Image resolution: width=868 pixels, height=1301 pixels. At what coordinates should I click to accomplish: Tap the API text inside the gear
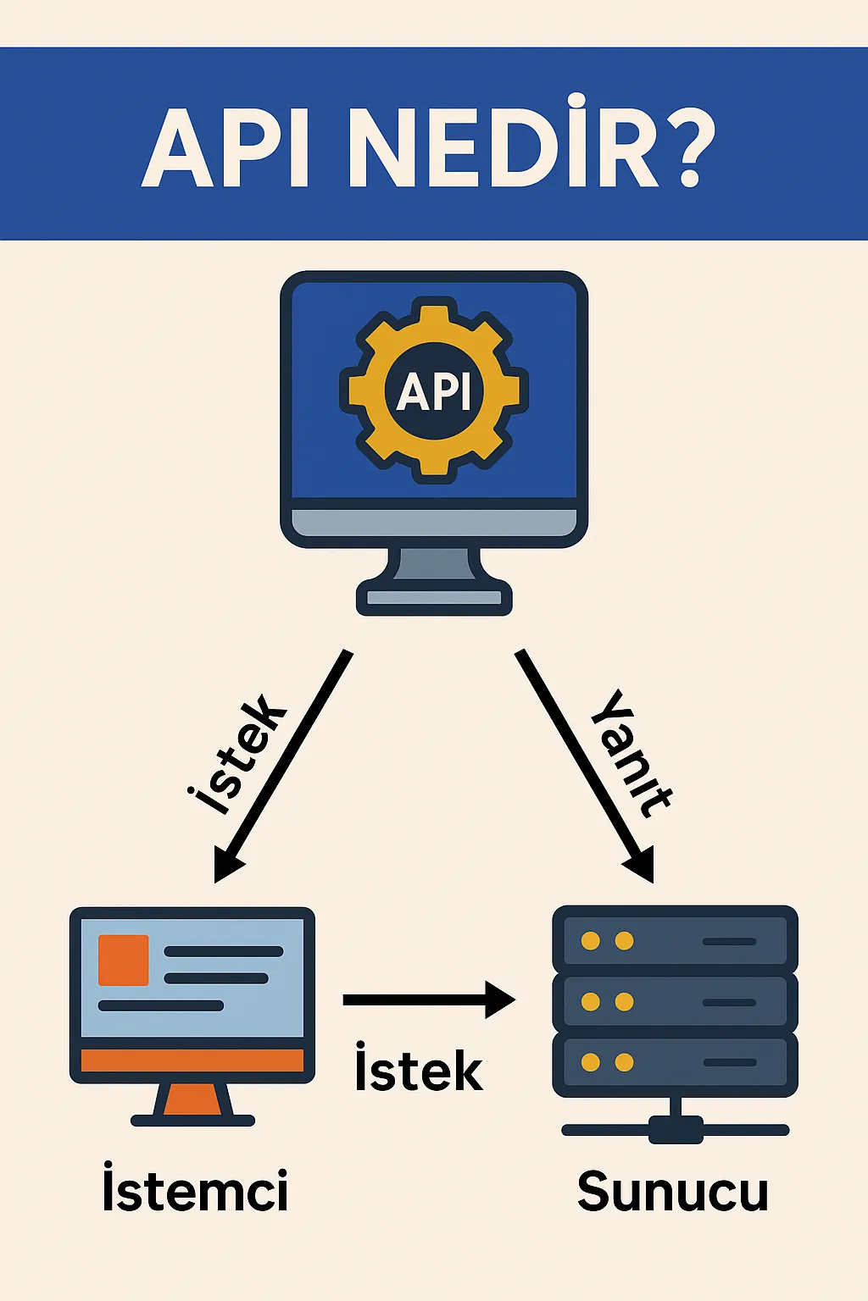pyautogui.click(x=434, y=390)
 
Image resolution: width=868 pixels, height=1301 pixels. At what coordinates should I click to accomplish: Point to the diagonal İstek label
pyautogui.click(x=236, y=754)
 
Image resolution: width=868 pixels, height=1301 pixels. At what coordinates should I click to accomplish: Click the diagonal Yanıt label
pyautogui.click(x=632, y=754)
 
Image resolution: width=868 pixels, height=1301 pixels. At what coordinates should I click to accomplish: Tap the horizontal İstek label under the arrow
pyautogui.click(x=419, y=1069)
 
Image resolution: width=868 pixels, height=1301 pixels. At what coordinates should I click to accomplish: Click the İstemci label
pyautogui.click(x=195, y=1190)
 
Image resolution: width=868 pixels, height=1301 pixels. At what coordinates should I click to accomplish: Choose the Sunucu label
pyautogui.click(x=673, y=1191)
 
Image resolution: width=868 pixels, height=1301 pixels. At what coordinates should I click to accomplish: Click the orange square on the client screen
pyautogui.click(x=124, y=960)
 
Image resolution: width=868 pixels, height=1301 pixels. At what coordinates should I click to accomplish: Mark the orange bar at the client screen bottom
pyautogui.click(x=192, y=1060)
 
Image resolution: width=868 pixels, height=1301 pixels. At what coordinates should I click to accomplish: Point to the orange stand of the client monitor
pyautogui.click(x=192, y=1101)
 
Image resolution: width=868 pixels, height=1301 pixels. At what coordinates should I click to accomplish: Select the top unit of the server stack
pyautogui.click(x=675, y=940)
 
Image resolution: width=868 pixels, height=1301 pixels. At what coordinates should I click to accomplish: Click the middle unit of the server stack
pyautogui.click(x=675, y=1001)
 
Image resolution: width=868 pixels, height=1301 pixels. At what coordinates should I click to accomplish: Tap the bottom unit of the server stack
pyautogui.click(x=675, y=1062)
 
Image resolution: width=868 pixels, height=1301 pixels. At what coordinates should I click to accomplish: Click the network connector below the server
pyautogui.click(x=676, y=1129)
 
